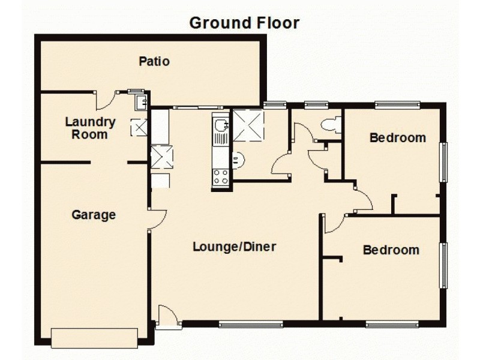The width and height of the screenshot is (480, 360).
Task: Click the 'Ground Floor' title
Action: click(244, 23)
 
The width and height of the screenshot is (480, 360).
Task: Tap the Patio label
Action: click(154, 61)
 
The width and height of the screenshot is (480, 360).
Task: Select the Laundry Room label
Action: click(90, 128)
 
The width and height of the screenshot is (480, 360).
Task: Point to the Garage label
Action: click(94, 215)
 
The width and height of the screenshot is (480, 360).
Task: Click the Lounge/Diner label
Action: click(235, 246)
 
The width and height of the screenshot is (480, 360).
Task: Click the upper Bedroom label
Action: click(398, 137)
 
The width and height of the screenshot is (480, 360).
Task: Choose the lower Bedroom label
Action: click(391, 250)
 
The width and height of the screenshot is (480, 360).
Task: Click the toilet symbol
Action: click(331, 125)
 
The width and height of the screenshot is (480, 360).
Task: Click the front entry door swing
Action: click(167, 316)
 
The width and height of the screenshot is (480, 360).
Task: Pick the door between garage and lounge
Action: click(157, 219)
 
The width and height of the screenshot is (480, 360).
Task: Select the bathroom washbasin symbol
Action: click(238, 160)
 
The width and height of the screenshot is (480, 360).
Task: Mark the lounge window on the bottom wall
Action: click(250, 325)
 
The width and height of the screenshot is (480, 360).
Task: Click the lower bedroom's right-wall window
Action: click(445, 265)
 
